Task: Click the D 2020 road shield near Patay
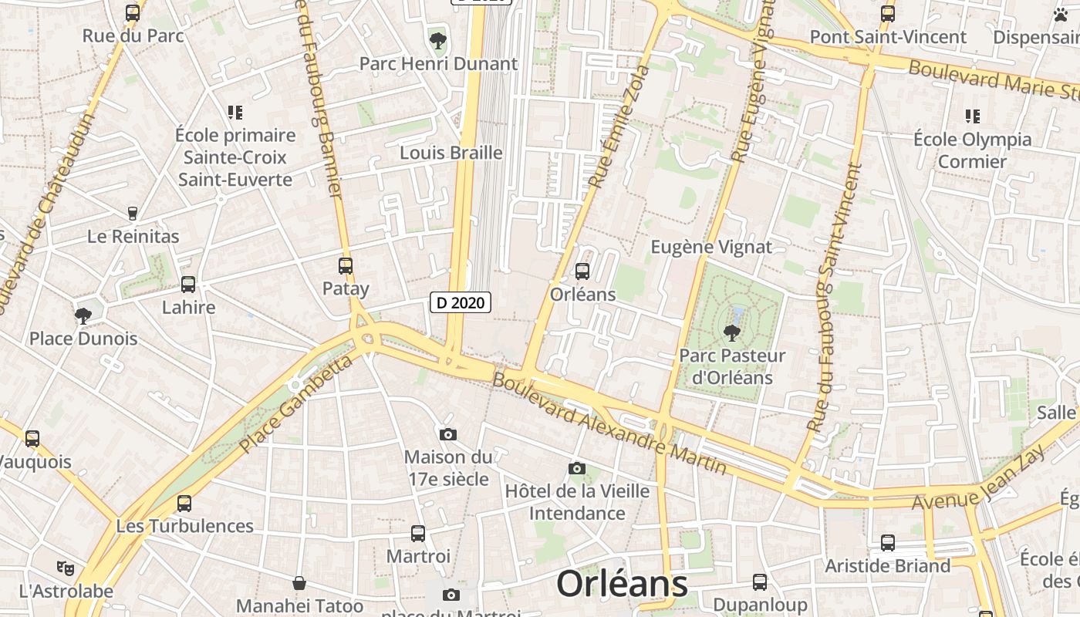(461, 303)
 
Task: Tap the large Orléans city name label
(622, 584)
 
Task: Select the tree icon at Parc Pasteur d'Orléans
(731, 333)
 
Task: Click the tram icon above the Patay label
(346, 266)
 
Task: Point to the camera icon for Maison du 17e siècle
(448, 435)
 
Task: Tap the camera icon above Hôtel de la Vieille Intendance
(577, 468)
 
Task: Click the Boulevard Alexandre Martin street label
(609, 423)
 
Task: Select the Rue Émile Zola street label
(619, 126)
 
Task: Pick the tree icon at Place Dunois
(83, 316)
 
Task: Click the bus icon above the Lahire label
(188, 285)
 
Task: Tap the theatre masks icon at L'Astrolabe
(66, 568)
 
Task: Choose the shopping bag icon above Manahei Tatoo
(299, 583)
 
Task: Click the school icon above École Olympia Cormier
(972, 116)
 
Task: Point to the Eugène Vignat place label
(711, 247)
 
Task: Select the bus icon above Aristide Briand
(888, 543)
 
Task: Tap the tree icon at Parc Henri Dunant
(438, 40)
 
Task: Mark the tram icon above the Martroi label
(418, 533)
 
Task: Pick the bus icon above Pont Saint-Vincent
(888, 14)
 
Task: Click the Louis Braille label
(451, 153)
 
